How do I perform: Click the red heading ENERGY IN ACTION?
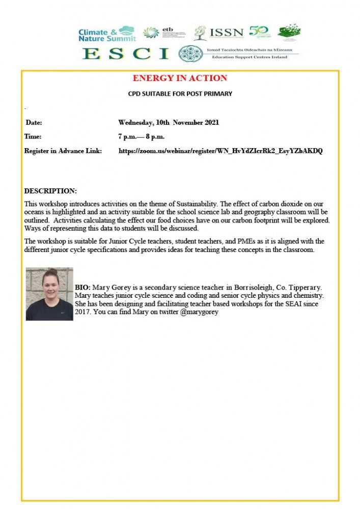[180, 78]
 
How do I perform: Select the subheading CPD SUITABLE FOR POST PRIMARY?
[180, 94]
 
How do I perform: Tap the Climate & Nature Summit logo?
[107, 34]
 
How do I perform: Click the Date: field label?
[34, 123]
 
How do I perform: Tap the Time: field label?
[33, 136]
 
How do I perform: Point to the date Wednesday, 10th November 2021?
[169, 123]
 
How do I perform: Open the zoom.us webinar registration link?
[220, 151]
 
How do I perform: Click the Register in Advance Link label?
[63, 151]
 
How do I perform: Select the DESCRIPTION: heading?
[50, 191]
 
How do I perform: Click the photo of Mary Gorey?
[49, 294]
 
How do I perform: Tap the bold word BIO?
[82, 287]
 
